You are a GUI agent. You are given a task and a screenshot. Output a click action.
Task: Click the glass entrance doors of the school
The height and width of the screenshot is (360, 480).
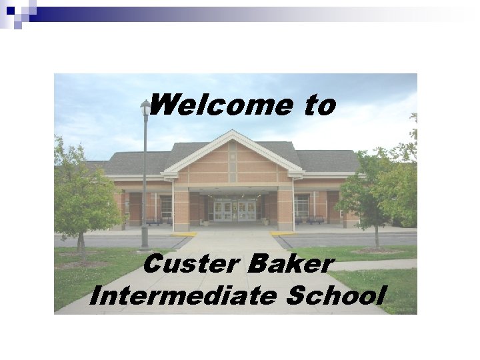coord(235,209)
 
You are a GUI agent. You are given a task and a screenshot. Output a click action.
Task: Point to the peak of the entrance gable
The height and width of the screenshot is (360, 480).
coord(231,133)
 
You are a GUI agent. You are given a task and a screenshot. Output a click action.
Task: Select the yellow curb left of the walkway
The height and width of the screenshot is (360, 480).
coord(183,234)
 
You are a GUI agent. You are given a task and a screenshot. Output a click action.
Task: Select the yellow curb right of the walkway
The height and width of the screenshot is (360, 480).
coord(283,233)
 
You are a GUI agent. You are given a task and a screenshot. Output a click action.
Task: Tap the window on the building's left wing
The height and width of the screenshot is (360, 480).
coord(165,206)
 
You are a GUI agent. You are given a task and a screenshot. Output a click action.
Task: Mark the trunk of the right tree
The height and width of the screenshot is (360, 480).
coord(377,237)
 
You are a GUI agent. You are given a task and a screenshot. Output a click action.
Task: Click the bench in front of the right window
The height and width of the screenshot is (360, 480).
coord(315,219)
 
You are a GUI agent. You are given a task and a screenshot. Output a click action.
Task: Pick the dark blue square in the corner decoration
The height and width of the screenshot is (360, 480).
coord(10,10)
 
